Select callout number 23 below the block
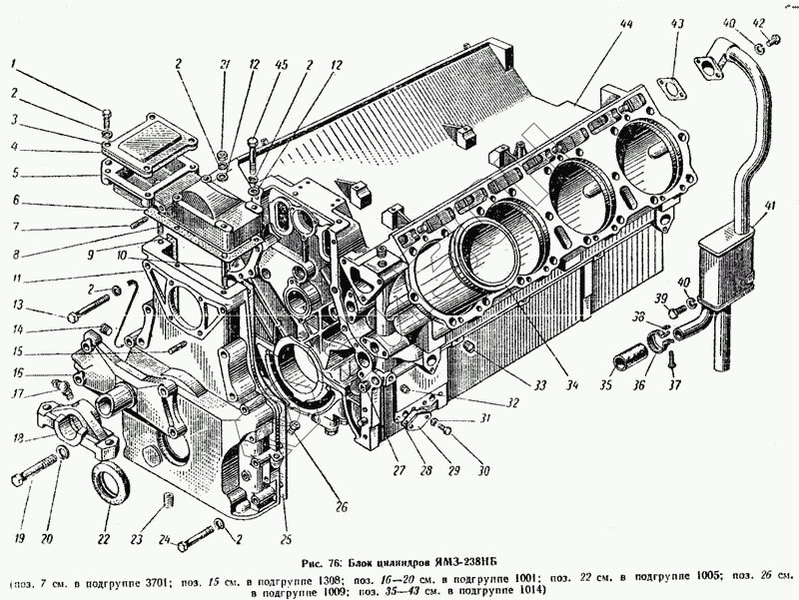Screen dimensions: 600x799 [x=137, y=540]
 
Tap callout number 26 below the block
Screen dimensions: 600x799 [x=341, y=505]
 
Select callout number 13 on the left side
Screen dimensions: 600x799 [x=17, y=303]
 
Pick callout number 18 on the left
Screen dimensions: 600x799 [x=17, y=437]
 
